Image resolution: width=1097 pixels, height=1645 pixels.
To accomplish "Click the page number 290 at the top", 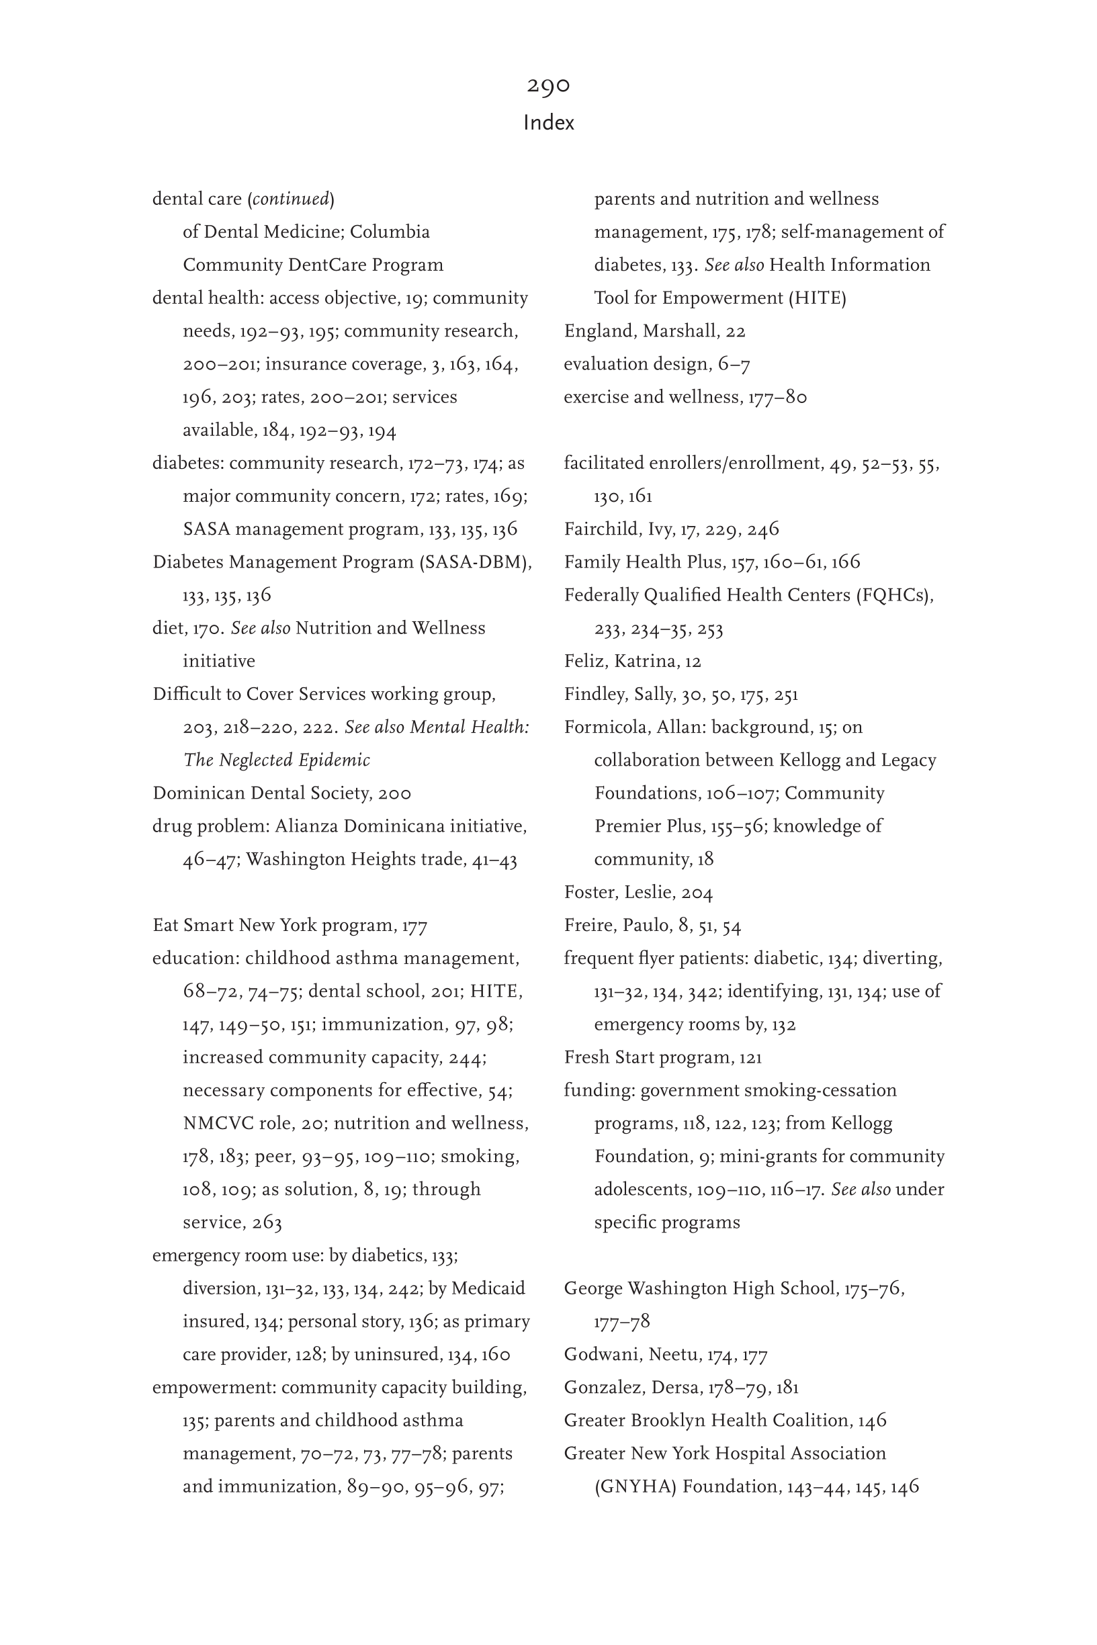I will click(548, 85).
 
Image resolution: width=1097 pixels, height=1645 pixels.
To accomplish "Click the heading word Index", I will click(548, 123).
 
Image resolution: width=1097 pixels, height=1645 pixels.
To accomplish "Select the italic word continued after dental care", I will click(290, 199).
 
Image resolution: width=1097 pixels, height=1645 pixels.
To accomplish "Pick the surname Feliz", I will click(585, 662).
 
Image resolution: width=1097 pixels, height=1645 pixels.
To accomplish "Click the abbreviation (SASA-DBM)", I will click(475, 562).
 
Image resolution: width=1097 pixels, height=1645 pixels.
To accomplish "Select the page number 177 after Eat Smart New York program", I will click(414, 926).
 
